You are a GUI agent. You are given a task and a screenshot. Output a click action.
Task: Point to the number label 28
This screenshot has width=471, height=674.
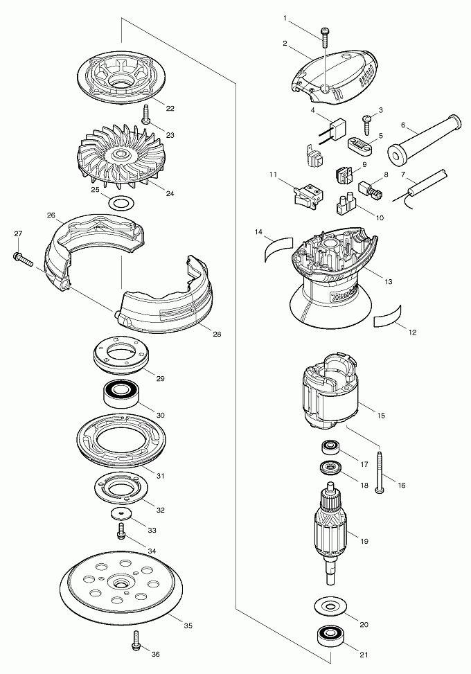[x=217, y=334]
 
